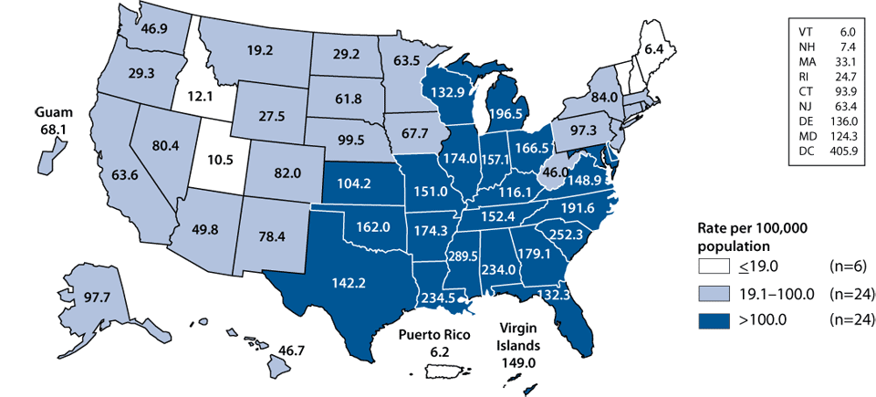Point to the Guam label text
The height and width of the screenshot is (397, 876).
(x=55, y=113)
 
